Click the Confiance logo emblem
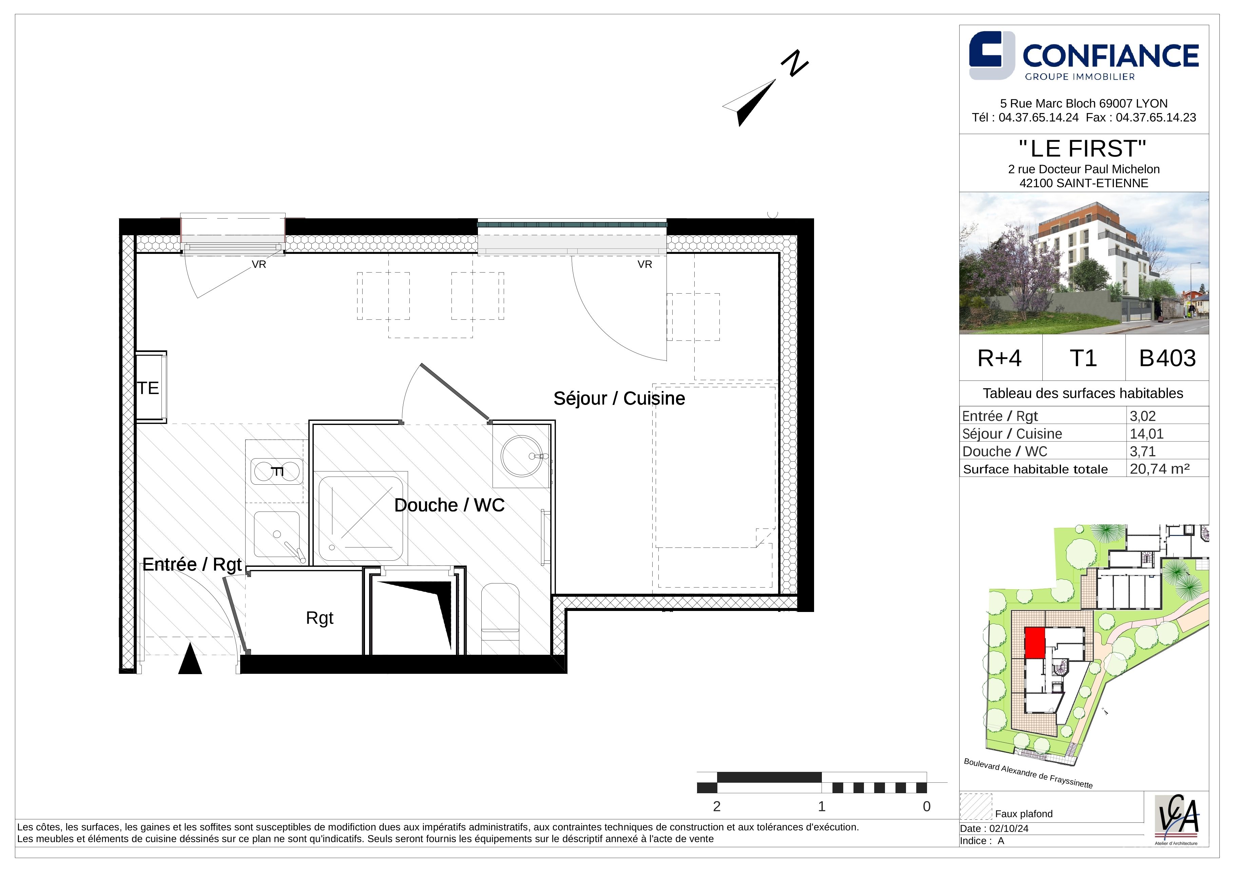[991, 55]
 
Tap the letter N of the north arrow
[794, 63]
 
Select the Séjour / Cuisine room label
[619, 398]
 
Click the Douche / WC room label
[449, 505]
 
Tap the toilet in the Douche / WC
[500, 618]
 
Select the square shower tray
[361, 518]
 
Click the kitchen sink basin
[277, 534]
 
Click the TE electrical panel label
[148, 388]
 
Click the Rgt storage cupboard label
[320, 618]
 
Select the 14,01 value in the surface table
[1146, 433]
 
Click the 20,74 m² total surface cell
[1159, 468]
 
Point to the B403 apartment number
[1168, 358]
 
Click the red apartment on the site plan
[1035, 643]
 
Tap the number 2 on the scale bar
[716, 806]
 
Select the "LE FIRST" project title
[1083, 148]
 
